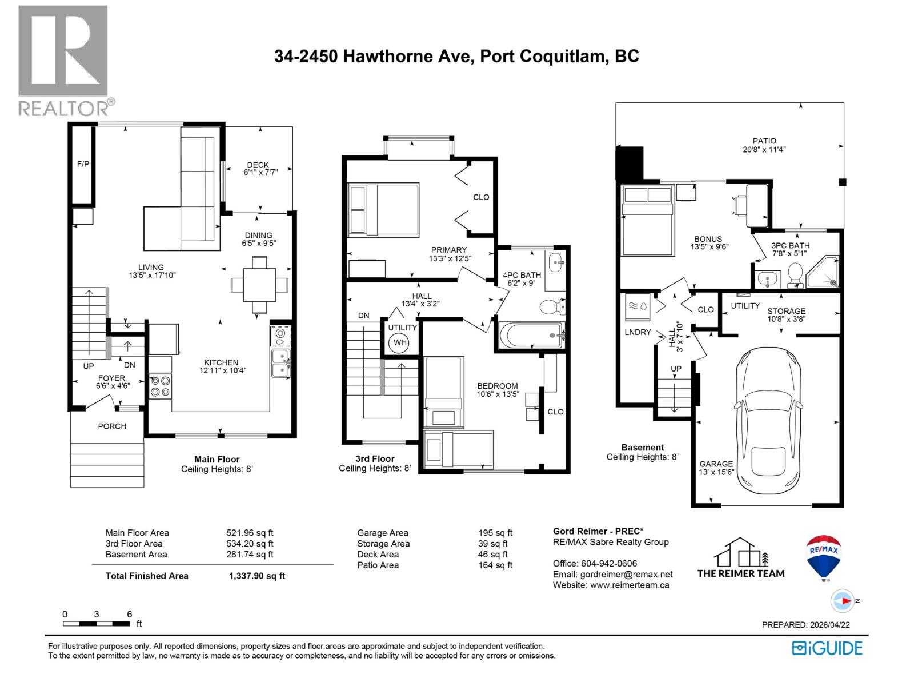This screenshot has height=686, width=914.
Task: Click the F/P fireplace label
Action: (83, 164)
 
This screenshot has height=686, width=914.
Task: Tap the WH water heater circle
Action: (400, 343)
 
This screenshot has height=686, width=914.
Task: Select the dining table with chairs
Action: (259, 284)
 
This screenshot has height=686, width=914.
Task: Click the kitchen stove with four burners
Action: (160, 386)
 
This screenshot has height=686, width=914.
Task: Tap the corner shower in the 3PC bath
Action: (823, 272)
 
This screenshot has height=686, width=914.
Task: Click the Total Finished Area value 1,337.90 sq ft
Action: (256, 576)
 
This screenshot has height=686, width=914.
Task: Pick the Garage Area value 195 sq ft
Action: (495, 533)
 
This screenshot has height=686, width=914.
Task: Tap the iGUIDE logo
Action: (827, 648)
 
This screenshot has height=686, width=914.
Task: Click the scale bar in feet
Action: (97, 623)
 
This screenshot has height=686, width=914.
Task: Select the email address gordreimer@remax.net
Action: (626, 575)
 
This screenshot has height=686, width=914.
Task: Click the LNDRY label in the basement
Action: (638, 332)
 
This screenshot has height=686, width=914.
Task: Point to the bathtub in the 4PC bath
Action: (531, 335)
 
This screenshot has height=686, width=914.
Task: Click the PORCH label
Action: (112, 426)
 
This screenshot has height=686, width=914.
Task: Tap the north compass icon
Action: (843, 601)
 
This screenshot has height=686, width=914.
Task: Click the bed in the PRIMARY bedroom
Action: (383, 209)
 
